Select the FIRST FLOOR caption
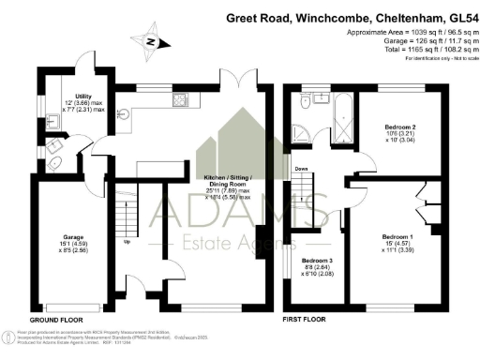[306, 321]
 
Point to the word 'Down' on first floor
[302, 170]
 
